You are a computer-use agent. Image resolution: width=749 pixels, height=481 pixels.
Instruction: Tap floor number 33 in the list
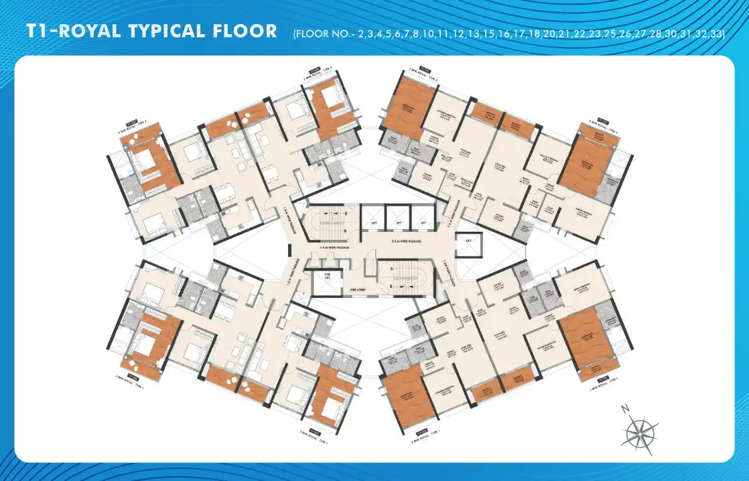715,33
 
